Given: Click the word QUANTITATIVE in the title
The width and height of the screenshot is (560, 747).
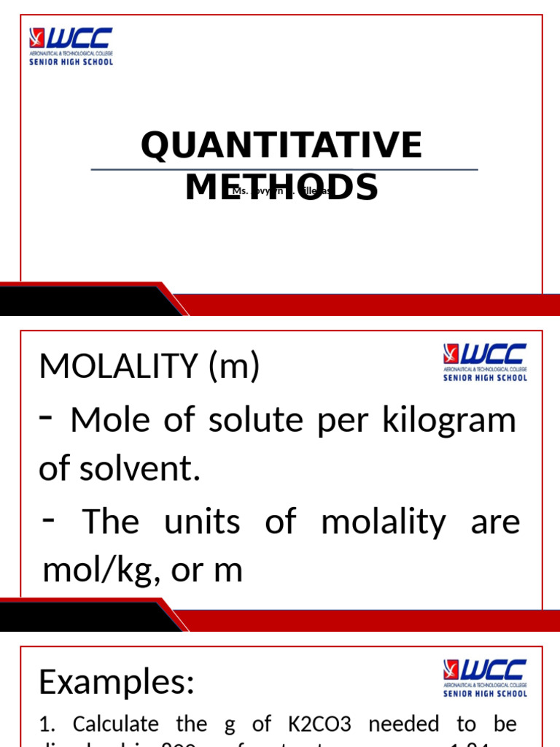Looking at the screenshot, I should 281,145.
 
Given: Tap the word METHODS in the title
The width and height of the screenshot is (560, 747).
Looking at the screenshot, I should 281,187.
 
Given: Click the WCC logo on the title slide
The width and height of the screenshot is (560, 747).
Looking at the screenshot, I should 71,46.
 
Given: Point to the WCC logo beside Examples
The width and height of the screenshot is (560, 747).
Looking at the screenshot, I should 485,678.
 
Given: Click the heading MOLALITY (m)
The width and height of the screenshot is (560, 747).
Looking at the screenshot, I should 149,366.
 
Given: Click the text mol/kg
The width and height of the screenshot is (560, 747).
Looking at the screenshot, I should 96,570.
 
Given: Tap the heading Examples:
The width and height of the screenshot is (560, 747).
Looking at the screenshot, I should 117,682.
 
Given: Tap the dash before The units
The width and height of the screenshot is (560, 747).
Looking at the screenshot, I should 50,519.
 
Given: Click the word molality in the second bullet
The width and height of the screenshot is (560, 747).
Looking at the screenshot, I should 384,522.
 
